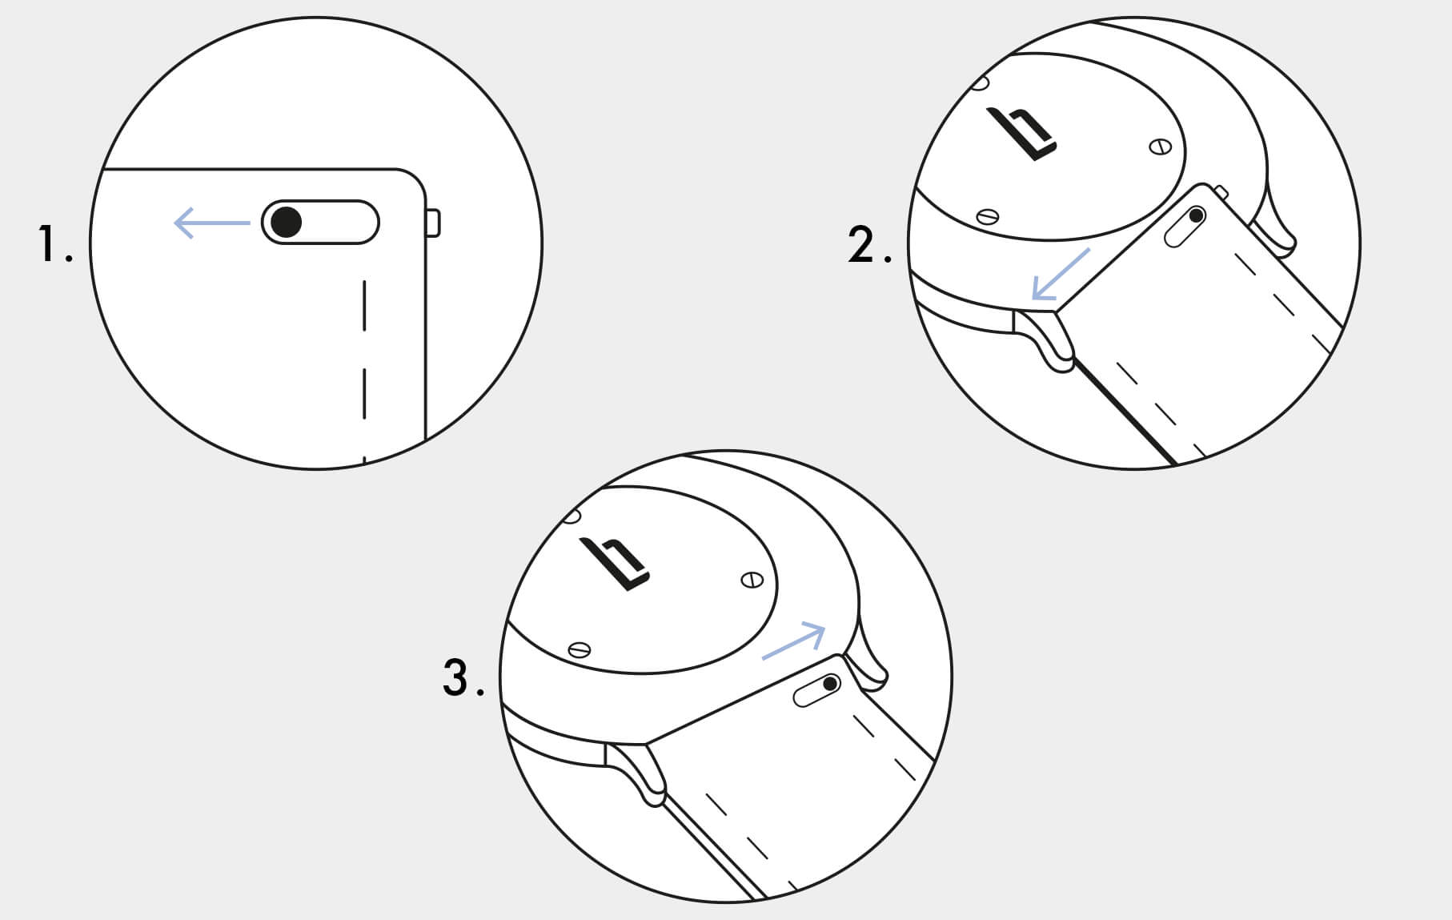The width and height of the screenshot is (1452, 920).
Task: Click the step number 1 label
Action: tap(54, 244)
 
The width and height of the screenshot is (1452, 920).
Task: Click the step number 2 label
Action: tap(869, 244)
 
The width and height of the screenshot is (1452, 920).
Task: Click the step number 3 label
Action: tap(463, 677)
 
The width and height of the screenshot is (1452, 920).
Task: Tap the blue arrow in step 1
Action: tap(212, 223)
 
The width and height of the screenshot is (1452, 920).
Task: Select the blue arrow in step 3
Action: tap(793, 642)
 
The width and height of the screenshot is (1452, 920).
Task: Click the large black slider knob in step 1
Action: tap(286, 222)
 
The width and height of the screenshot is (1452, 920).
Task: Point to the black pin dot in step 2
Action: tap(1197, 215)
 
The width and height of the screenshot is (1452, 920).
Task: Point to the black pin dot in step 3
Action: tap(830, 684)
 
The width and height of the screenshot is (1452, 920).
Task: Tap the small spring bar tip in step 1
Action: tap(432, 223)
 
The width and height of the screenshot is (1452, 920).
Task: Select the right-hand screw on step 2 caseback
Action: tap(1160, 147)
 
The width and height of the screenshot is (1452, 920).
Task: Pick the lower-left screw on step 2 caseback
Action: tap(989, 215)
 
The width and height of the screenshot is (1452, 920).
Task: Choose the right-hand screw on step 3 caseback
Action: tap(752, 580)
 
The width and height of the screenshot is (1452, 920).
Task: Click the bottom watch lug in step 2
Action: tap(1045, 340)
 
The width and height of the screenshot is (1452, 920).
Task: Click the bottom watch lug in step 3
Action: tap(636, 773)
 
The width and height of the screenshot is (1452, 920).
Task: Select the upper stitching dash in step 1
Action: tap(364, 305)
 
